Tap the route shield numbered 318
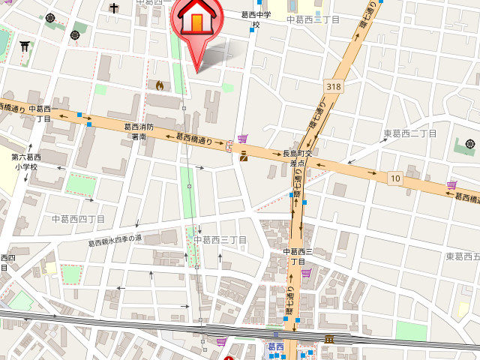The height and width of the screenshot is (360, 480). point(334,87)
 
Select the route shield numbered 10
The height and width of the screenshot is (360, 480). point(394,178)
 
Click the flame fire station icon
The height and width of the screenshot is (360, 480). point(159,85)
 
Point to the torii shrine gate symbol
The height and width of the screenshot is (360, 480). point(24,46)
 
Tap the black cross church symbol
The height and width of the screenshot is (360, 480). point(114,8)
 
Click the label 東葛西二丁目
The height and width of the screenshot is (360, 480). point(410,133)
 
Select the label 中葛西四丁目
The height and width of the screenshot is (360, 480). point(78,218)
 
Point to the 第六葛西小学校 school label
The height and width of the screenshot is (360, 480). point(24,162)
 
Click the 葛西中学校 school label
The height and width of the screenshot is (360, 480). point(256,19)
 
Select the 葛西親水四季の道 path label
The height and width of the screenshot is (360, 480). point(115,240)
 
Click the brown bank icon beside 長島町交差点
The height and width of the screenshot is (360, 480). point(244,157)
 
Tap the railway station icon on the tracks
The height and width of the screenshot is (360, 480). point(328,340)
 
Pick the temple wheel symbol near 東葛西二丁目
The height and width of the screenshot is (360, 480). point(470,144)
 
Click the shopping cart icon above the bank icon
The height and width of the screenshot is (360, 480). point(242,139)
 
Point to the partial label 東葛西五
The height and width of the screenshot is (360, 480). point(462,256)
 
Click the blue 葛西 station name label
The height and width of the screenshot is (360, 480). point(275,346)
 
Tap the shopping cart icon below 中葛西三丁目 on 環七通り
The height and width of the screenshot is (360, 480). point(305,274)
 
